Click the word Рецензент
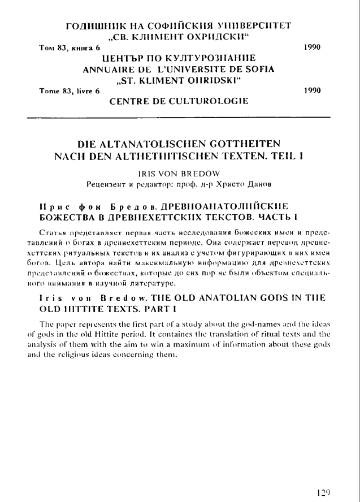tap(106, 183)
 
